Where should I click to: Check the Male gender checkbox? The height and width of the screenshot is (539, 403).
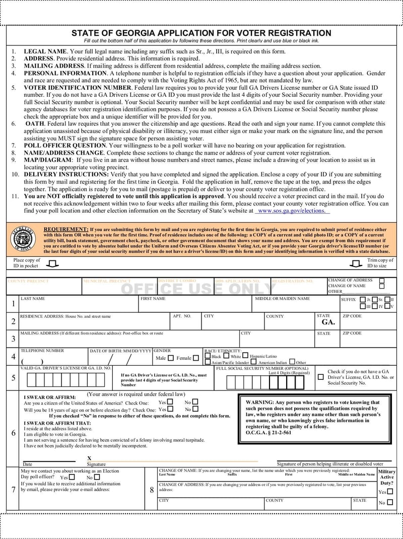click(170, 358)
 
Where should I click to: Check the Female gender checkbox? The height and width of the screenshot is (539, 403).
click(196, 358)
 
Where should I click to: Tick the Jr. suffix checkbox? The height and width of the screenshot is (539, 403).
click(363, 299)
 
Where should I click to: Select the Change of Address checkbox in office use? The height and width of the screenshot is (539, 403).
click(382, 281)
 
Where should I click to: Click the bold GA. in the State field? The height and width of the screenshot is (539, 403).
click(328, 322)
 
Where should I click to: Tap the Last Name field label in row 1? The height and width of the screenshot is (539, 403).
click(33, 299)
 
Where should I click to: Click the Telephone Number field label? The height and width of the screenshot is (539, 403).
click(42, 351)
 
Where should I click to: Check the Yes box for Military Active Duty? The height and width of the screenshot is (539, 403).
click(390, 492)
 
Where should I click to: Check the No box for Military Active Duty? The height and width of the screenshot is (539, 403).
click(390, 502)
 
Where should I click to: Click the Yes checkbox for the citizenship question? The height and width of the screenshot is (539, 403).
click(170, 402)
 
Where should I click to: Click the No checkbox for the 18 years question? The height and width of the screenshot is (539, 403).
click(195, 409)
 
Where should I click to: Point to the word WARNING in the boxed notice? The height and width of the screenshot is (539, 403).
click(259, 402)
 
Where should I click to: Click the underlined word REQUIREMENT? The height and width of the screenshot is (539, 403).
click(66, 229)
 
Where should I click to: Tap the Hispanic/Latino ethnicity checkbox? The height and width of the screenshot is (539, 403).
click(245, 356)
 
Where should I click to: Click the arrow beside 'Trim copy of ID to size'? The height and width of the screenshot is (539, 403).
click(356, 263)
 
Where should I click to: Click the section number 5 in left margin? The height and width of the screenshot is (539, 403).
click(14, 378)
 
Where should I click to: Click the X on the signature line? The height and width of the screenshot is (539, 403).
click(90, 458)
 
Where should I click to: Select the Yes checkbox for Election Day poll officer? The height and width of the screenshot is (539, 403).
click(72, 477)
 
